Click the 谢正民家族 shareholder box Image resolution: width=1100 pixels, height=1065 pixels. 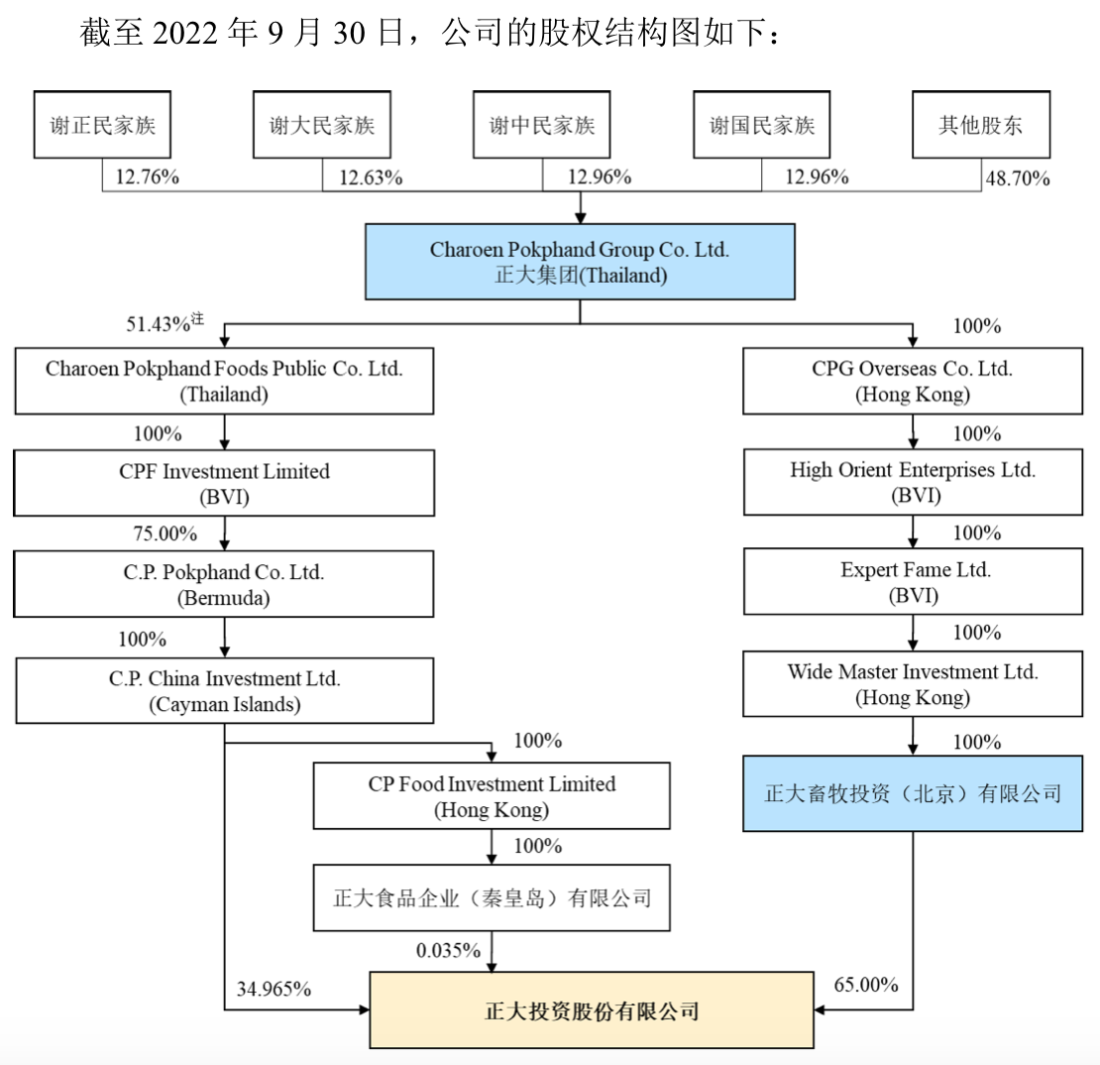coord(103,125)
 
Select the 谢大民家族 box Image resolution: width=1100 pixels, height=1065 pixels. coord(323,125)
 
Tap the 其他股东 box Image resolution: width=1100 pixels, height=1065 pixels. coord(980,125)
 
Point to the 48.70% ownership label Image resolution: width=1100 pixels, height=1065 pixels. coord(1017,178)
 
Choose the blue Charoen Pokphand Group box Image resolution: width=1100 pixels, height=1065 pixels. coord(580,262)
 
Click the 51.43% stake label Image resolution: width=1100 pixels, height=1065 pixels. coord(165,324)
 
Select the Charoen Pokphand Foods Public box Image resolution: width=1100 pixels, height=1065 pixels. coord(225,381)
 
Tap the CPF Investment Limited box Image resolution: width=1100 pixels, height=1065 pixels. coord(225,483)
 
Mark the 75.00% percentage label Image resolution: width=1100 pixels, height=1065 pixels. coord(165,533)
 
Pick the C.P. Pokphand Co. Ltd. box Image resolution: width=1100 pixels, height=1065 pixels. coord(225,585)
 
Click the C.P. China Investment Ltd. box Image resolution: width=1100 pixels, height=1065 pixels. coord(225,691)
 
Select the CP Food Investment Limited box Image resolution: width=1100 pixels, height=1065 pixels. coord(492,796)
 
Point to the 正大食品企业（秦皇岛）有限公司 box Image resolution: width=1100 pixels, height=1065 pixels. coord(492,898)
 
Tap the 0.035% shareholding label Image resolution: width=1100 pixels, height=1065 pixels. coord(448,950)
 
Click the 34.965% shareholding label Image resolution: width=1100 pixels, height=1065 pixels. coord(275,988)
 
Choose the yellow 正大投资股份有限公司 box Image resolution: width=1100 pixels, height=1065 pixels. coord(592,1011)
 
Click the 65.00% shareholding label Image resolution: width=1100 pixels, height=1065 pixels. coord(866,985)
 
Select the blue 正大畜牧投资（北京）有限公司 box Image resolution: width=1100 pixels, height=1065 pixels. coord(913,794)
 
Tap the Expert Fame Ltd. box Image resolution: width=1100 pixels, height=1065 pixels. coord(913,582)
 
